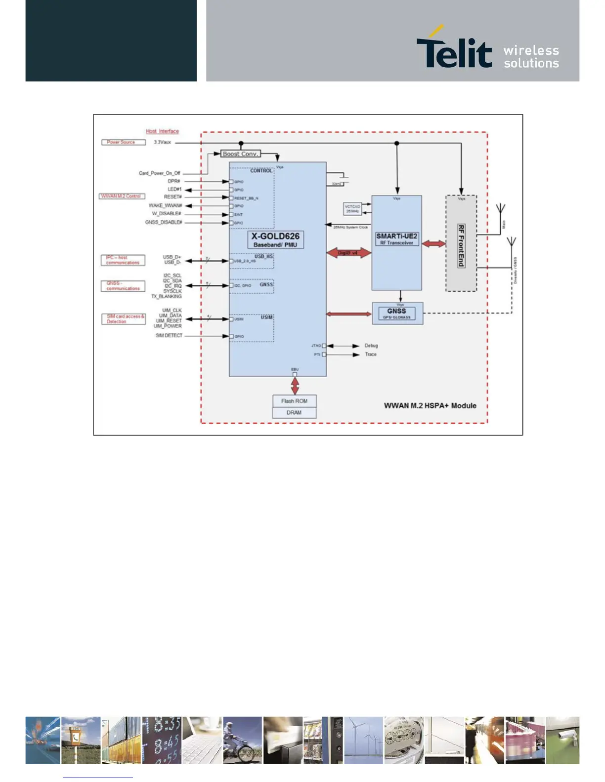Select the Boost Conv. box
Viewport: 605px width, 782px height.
[240, 154]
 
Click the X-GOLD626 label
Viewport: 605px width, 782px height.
[275, 236]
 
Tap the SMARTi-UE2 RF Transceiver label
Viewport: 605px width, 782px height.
[396, 239]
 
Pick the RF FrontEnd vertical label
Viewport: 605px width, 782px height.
[461, 245]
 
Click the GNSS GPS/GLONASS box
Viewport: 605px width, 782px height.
[397, 313]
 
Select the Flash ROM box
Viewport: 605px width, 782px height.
[294, 401]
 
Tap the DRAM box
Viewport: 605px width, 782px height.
[294, 413]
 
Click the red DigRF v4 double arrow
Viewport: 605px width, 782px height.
[348, 253]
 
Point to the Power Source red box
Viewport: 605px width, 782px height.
[123, 142]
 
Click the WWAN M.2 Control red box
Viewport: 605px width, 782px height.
[122, 196]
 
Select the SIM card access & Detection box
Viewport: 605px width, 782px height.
[123, 319]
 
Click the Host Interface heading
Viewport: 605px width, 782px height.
[162, 131]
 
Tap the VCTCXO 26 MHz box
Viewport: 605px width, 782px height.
[352, 209]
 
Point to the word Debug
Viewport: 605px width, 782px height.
[371, 346]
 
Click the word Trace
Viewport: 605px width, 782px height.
[371, 354]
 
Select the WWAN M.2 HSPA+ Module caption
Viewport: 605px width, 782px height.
[430, 405]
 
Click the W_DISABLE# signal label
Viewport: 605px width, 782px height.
[167, 214]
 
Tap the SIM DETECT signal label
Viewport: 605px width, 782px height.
[169, 336]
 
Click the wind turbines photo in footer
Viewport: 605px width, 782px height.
[363, 740]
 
